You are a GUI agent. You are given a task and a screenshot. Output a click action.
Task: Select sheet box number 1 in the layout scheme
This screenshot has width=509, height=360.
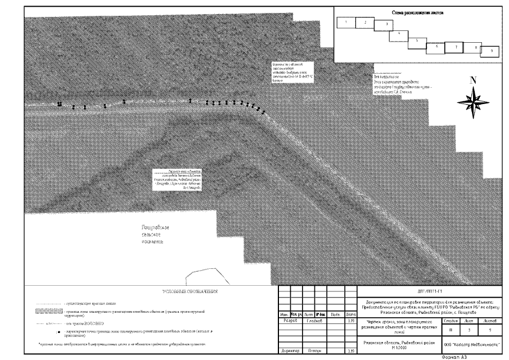point(346,22)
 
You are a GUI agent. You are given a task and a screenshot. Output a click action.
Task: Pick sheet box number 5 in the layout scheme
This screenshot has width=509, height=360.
point(416,41)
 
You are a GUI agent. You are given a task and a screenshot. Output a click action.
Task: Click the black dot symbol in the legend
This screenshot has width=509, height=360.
point(58,332)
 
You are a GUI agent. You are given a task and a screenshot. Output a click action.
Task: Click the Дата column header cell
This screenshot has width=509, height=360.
point(351,314)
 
